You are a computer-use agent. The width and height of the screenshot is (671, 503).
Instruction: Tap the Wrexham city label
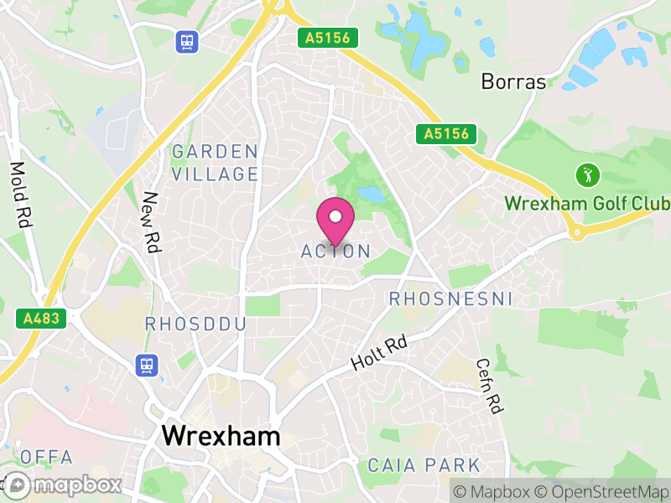pyautogui.click(x=221, y=435)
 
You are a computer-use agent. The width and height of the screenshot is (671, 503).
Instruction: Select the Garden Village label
pyautogui.click(x=215, y=163)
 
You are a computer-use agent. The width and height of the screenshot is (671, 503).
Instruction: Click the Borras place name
pyautogui.click(x=513, y=82)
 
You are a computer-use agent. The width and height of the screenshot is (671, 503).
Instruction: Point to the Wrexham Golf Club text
pyautogui.click(x=586, y=204)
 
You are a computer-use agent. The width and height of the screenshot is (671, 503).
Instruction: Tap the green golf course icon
pyautogui.click(x=586, y=176)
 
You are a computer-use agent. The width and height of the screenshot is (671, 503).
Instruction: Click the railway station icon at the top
pyautogui.click(x=185, y=40)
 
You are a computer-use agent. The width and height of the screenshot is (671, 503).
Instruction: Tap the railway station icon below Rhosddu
pyautogui.click(x=147, y=365)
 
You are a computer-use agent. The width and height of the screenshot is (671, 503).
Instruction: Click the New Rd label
pyautogui.click(x=152, y=222)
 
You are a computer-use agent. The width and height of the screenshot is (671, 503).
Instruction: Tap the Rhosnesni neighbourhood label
pyautogui.click(x=450, y=299)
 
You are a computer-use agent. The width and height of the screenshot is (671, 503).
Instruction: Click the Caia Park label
pyautogui.click(x=424, y=465)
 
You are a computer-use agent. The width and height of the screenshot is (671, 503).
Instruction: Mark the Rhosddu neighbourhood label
pyautogui.click(x=195, y=324)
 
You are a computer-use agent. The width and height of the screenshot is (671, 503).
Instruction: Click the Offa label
pyautogui.click(x=47, y=458)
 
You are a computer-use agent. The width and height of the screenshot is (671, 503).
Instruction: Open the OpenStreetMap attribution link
pyautogui.click(x=600, y=491)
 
